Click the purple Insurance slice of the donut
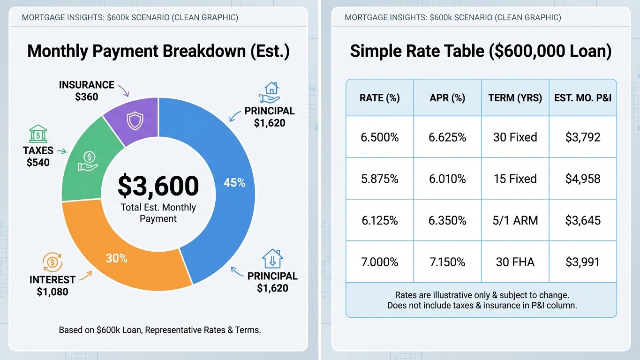pyautogui.click(x=134, y=120)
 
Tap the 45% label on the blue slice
pyautogui.click(x=234, y=183)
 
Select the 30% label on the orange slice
pyautogui.click(x=117, y=258)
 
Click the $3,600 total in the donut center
pyautogui.click(x=158, y=186)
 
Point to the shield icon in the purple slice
pyautogui.click(x=134, y=122)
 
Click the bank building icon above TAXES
pyautogui.click(x=37, y=135)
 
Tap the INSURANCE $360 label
pyautogui.click(x=86, y=91)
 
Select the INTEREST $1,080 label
pyautogui.click(x=52, y=285)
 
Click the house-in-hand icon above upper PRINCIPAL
pyautogui.click(x=271, y=92)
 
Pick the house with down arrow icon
pyautogui.click(x=272, y=258)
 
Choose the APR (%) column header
pyautogui.click(x=447, y=98)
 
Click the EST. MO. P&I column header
pyautogui.click(x=583, y=98)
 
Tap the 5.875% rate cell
pyautogui.click(x=379, y=179)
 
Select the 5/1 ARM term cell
pyautogui.click(x=515, y=220)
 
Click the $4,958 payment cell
pyautogui.click(x=583, y=179)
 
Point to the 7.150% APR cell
pyautogui.click(x=447, y=262)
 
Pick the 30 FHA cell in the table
pyautogui.click(x=515, y=262)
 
